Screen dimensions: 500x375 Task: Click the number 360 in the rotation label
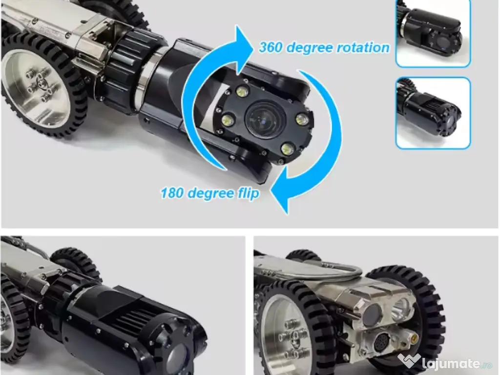271,47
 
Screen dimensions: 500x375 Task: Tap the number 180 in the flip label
172,192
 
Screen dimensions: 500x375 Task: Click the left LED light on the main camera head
228,120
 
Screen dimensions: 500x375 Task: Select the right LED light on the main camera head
301,120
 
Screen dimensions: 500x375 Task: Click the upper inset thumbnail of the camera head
433,33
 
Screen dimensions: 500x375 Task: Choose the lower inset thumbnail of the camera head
433,113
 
